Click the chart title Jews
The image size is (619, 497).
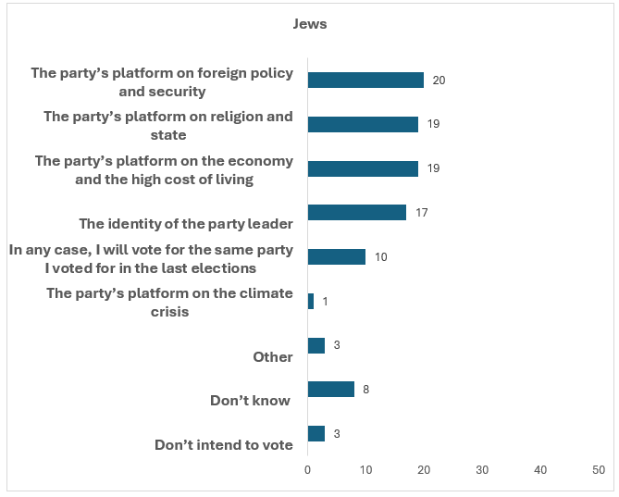coord(310,24)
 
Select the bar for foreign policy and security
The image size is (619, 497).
coord(365,81)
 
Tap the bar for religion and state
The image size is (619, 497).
coord(363,124)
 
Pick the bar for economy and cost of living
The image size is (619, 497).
coord(363,168)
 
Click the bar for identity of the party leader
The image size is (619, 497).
coord(356,213)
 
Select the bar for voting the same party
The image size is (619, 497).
coord(336,256)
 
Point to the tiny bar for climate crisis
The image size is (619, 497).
coord(311,301)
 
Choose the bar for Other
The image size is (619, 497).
coord(316,345)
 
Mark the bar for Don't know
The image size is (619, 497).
coord(330,390)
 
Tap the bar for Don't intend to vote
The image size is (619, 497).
coord(316,433)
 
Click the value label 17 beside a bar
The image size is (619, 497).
coord(421,213)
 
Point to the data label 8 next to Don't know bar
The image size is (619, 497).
coord(366,390)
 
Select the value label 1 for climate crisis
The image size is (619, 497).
coord(326,302)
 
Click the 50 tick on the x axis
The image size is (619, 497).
coord(599,470)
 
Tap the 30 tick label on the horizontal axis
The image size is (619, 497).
coord(482,470)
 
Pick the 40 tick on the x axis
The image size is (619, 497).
coord(540,470)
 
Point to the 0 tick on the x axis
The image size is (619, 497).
coord(308,470)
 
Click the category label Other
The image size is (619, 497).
coord(273,357)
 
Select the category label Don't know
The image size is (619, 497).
coord(251,401)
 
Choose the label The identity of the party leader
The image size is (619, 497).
coord(186,223)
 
